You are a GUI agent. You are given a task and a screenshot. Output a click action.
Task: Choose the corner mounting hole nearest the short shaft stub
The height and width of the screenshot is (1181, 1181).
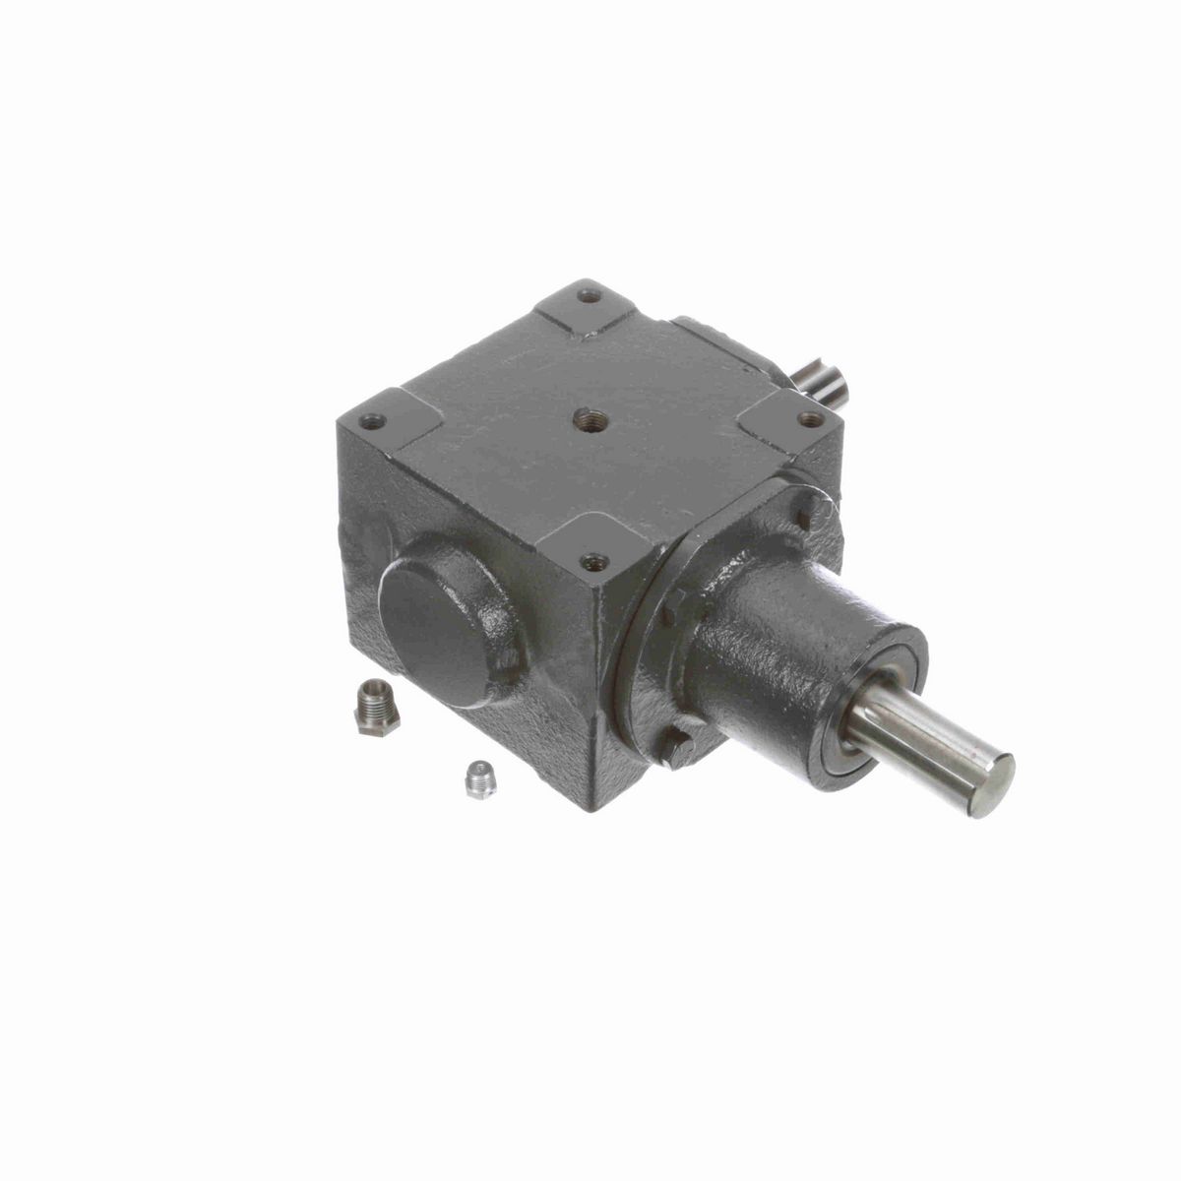809,418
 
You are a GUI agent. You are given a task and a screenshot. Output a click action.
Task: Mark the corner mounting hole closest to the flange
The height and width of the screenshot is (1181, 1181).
591,563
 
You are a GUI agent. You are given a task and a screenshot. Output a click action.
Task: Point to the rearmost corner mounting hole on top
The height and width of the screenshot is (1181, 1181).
589,294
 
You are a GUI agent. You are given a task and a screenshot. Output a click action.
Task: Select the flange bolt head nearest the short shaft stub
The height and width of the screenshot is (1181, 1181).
809,512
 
